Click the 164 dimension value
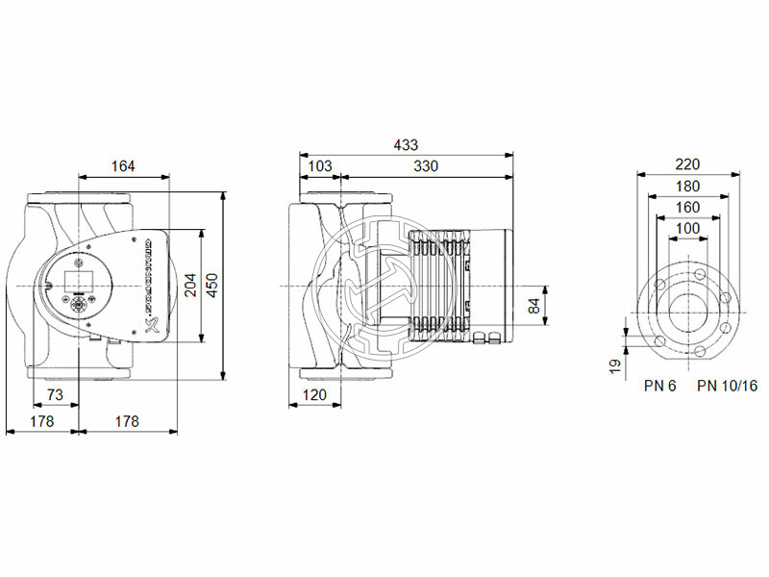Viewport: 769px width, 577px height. click(123, 166)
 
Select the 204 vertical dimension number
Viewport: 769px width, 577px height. click(190, 286)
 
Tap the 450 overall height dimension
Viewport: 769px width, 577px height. click(213, 286)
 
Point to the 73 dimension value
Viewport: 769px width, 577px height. click(55, 395)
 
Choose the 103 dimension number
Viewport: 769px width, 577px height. click(319, 166)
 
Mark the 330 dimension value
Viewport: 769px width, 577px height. click(426, 166)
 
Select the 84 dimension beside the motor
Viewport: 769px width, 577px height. click(536, 307)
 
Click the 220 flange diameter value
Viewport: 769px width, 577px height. click(687, 164)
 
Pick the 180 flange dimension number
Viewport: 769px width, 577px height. click(687, 186)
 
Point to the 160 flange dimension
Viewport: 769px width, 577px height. click(687, 207)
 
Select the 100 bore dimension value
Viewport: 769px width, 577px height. click(687, 228)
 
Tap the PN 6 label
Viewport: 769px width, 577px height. click(660, 386)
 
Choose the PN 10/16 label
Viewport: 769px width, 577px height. click(726, 386)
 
